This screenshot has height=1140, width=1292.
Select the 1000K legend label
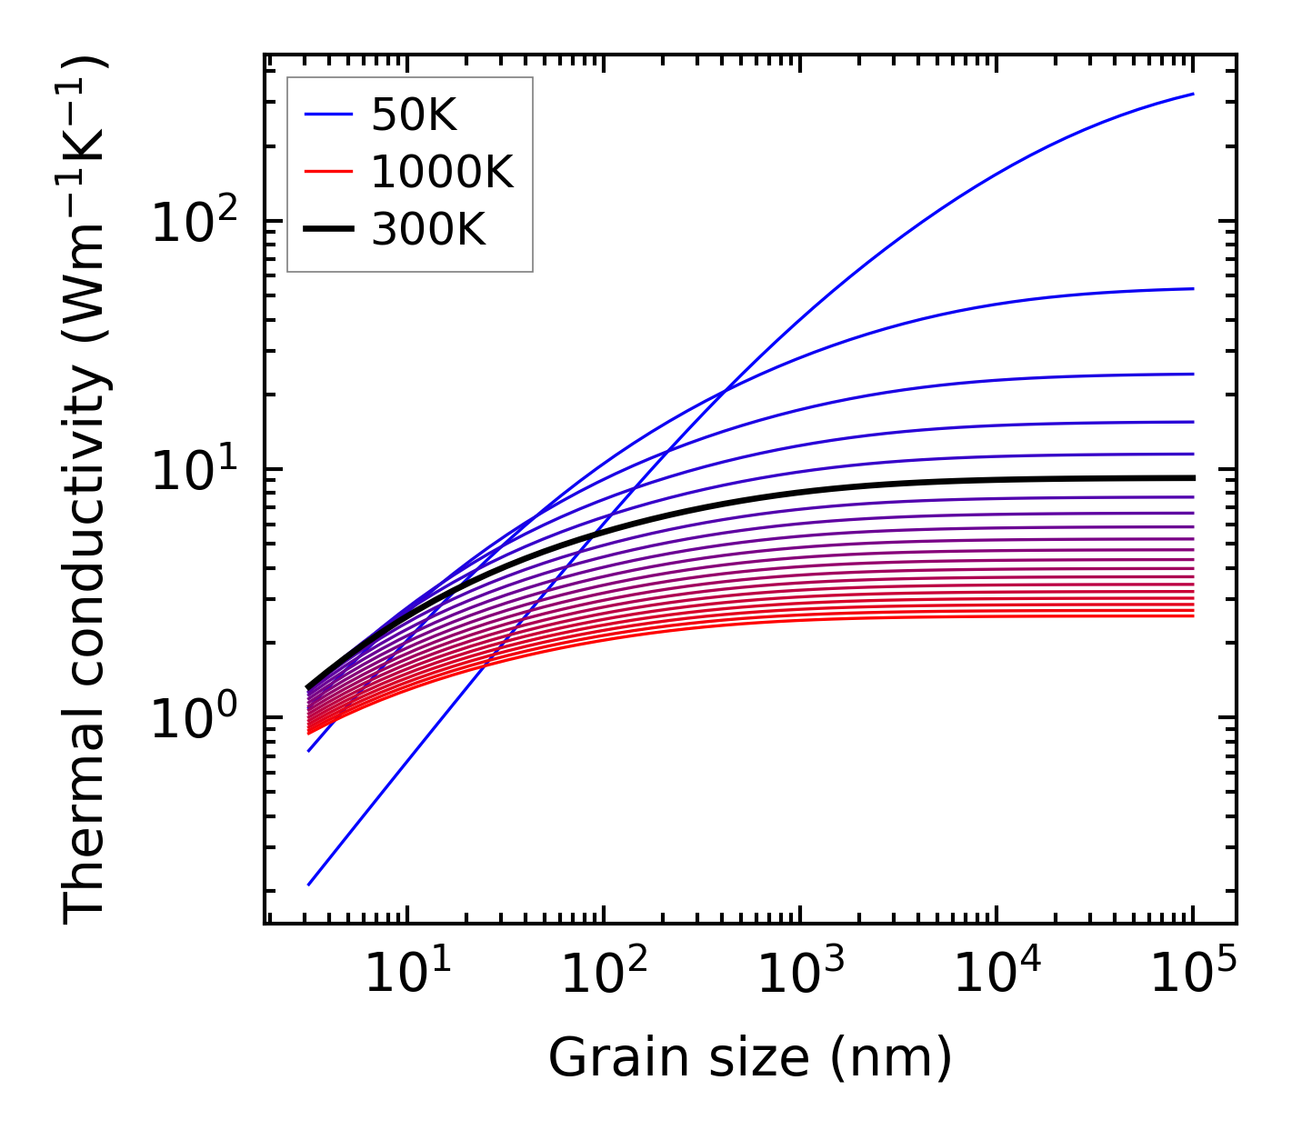(x=442, y=172)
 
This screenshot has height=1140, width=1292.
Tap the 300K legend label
(x=428, y=230)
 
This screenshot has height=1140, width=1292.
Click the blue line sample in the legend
(x=327, y=115)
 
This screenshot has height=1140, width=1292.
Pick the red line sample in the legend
(x=327, y=172)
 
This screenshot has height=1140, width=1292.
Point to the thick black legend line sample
(x=327, y=230)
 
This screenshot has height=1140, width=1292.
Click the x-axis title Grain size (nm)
(x=750, y=1058)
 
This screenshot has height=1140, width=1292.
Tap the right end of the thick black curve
(x=1192, y=477)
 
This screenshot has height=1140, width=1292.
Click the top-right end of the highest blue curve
(x=1192, y=94)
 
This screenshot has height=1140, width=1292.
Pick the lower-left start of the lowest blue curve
(x=310, y=884)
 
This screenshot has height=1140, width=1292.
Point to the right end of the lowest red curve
(x=1192, y=616)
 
